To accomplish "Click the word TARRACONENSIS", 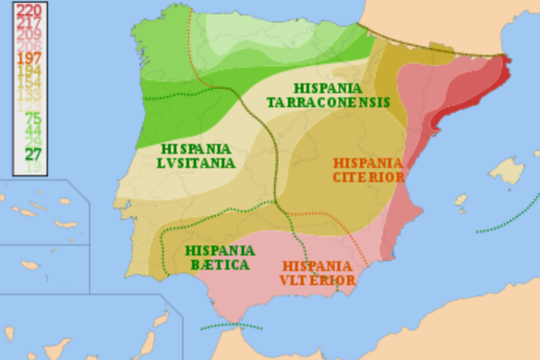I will (328, 102).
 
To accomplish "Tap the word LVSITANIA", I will (197, 164).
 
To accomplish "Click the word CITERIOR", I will (369, 177).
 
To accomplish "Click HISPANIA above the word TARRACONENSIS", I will (328, 88).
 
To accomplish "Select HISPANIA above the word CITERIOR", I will (369, 162).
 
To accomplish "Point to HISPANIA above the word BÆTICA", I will (219, 250).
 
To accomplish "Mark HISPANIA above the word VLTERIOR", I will (317, 265).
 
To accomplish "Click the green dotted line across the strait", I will (231, 325).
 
